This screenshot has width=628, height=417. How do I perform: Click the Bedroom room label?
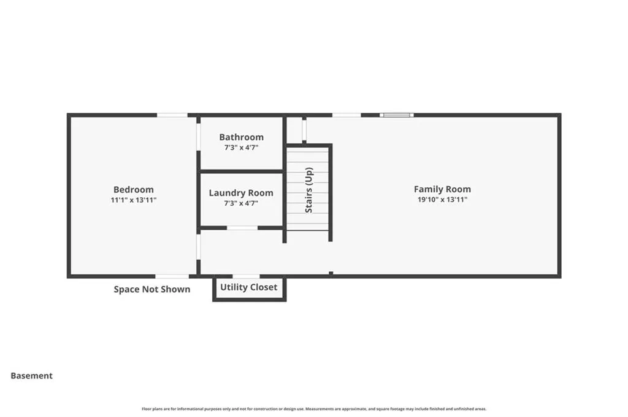point(134,190)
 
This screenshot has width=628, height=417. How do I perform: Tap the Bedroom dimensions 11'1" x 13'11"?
point(134,200)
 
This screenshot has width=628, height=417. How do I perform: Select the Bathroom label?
point(241,137)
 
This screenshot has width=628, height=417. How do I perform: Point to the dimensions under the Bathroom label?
point(241,148)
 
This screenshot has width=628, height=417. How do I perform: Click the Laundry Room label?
point(241,193)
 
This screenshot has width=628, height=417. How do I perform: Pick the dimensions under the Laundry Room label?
point(241,203)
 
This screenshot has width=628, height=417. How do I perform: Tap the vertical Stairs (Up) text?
point(309,190)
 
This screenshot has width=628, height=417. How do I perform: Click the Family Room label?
point(442,189)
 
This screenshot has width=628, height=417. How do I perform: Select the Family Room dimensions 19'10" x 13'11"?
point(442,200)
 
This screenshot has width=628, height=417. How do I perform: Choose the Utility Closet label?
point(248,287)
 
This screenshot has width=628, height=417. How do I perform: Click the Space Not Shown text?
point(152,289)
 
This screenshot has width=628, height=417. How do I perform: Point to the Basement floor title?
point(32,376)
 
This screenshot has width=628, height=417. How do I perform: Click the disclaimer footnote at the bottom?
point(314,409)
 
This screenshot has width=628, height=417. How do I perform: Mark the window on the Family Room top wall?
point(396,115)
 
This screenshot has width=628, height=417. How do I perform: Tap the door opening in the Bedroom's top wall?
point(172,115)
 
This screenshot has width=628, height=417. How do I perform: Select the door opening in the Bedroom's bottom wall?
point(172,276)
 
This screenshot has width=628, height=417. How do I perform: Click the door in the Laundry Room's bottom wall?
point(242,228)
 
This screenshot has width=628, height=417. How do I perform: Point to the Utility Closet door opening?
point(246,276)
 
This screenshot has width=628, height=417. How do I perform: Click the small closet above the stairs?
point(294,130)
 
